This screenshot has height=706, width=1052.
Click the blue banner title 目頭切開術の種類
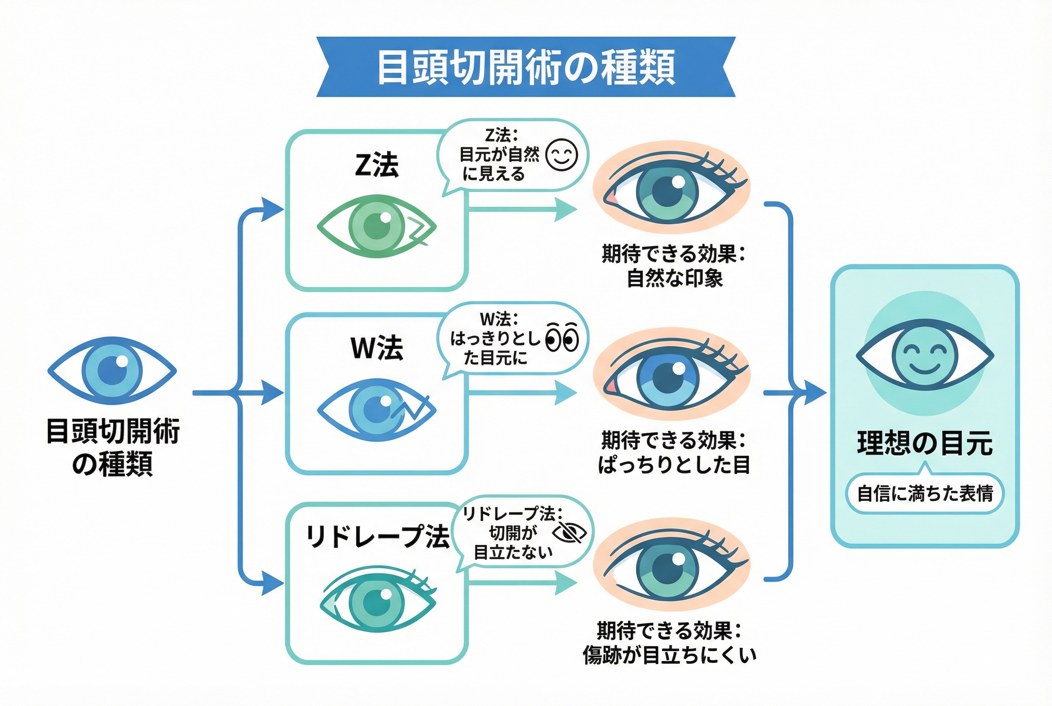coord(525,67)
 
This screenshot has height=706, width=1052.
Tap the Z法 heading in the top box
coord(376,165)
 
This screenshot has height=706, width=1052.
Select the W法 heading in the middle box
coord(376,348)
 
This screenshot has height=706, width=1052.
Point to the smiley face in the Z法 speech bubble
coord(561,155)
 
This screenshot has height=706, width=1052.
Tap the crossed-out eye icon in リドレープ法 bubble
coord(569,533)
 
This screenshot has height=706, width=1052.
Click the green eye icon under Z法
coord(376,226)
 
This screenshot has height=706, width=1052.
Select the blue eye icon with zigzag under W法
coord(376,409)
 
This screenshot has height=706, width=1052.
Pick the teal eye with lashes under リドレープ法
coord(377,601)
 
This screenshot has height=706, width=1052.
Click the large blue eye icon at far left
coord(112,370)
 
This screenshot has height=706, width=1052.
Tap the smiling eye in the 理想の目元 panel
coord(925,355)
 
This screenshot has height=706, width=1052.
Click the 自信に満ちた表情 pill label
coord(925,493)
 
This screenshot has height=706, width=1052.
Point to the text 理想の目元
coord(925,443)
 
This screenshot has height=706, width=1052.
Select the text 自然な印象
coord(674,278)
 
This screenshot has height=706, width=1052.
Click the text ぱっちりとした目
coord(674,465)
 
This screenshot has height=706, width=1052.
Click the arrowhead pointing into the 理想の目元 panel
coord(816,393)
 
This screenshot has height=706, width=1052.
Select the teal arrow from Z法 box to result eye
coord(522,209)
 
